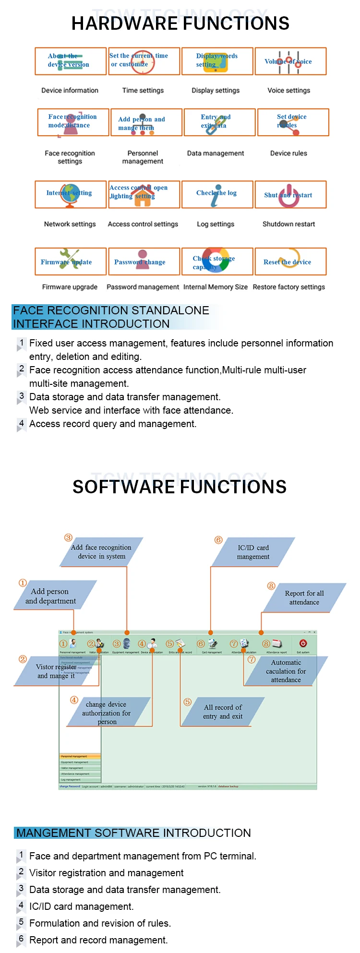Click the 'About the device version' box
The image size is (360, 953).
point(71,61)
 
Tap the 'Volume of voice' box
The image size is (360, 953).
point(290,61)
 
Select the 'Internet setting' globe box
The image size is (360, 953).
point(71,194)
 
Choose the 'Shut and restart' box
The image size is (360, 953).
point(290,194)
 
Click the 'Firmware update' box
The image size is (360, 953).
point(71,262)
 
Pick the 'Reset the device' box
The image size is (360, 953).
point(290,262)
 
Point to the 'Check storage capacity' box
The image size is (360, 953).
point(217,262)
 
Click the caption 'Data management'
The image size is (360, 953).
point(216,154)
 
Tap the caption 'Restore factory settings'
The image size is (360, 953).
point(288,287)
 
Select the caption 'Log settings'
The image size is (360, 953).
point(216,224)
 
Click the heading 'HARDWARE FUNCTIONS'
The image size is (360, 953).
point(180,24)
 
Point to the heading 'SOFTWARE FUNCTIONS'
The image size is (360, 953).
point(180,487)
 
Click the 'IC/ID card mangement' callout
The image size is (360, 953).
point(253,552)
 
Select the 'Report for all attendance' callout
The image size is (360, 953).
point(304,597)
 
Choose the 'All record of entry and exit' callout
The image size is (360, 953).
point(223,712)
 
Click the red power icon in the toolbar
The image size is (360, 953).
point(303,643)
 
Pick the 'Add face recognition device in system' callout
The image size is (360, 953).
point(101,552)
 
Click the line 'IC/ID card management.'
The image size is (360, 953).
point(81,906)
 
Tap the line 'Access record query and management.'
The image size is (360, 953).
point(113,424)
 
